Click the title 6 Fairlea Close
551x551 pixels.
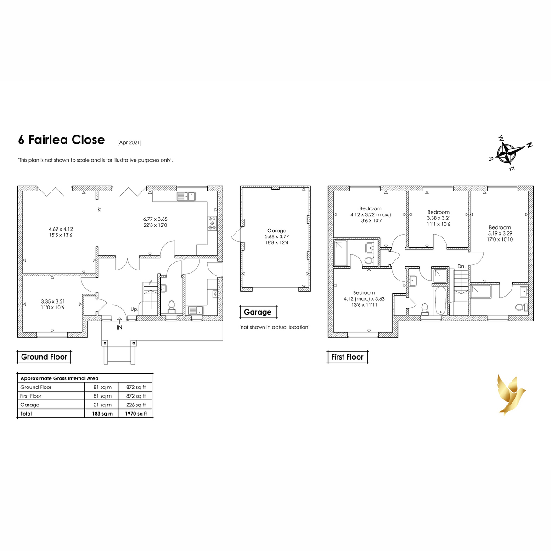pyautogui.click(x=62, y=140)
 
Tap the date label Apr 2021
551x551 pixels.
pyautogui.click(x=129, y=142)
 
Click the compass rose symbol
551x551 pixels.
pyautogui.click(x=510, y=153)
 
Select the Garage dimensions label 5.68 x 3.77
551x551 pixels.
pyautogui.click(x=276, y=236)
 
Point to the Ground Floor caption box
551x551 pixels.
pyautogui.click(x=44, y=357)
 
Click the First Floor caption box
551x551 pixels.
pyautogui.click(x=348, y=357)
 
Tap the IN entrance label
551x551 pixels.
pyautogui.click(x=119, y=327)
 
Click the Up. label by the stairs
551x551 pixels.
pyautogui.click(x=134, y=309)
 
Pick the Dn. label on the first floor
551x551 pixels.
pyautogui.click(x=461, y=266)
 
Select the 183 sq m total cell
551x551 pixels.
pyautogui.click(x=102, y=413)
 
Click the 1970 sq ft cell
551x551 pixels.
pyautogui.click(x=135, y=413)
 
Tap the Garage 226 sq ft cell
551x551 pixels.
pyautogui.click(x=135, y=405)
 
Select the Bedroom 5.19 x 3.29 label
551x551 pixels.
pyautogui.click(x=500, y=233)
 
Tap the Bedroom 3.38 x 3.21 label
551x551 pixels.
pyautogui.click(x=439, y=218)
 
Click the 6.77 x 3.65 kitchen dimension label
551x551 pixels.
pyautogui.click(x=155, y=222)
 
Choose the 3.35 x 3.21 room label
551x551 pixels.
pyautogui.click(x=53, y=304)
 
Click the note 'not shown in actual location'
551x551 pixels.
pyautogui.click(x=274, y=327)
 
